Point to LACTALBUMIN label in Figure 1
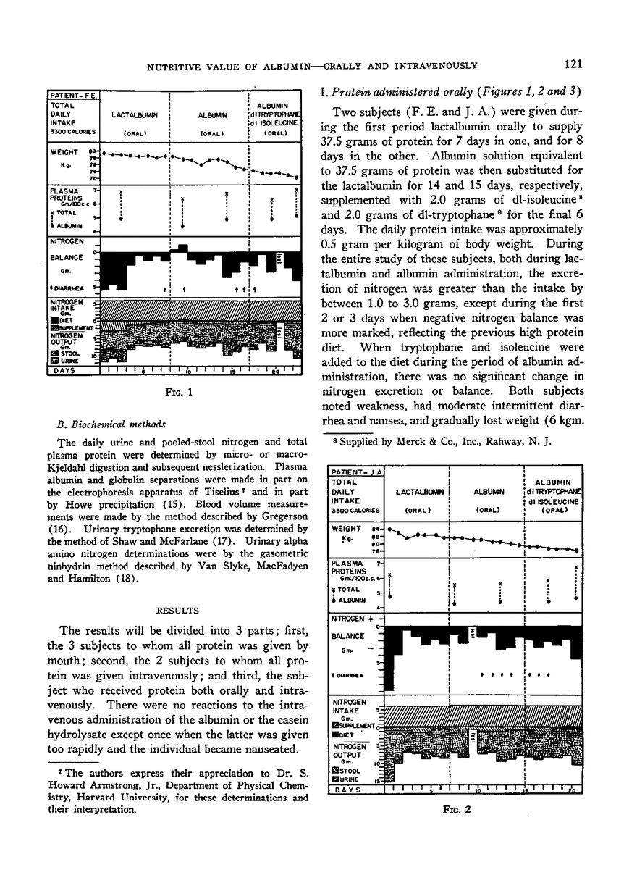coord(135,115)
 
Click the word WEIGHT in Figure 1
coord(64,153)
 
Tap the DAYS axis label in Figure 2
coord(347,790)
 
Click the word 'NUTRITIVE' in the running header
coord(174,66)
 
